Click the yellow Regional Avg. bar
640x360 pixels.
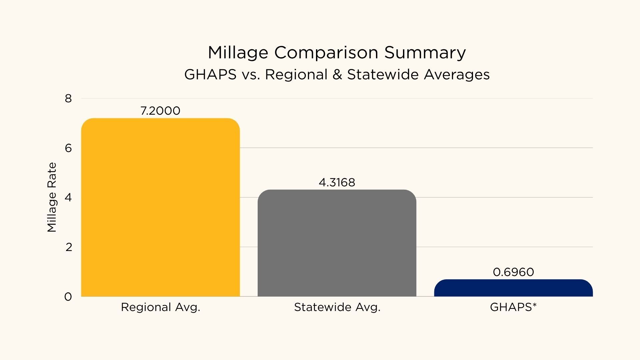160,207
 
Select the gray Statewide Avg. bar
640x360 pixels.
337,243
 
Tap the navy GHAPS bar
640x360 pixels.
513,288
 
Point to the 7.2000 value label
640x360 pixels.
160,111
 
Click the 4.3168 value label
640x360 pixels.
337,182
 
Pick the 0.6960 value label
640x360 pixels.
513,272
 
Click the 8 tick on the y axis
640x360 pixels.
68,98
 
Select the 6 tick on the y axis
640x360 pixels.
68,148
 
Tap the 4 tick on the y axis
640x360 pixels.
68,197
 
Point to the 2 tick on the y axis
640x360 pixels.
69,247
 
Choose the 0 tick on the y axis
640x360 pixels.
68,297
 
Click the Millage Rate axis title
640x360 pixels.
52,197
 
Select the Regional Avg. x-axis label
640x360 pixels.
160,307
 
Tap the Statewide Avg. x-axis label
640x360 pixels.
337,307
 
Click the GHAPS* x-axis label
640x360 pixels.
513,307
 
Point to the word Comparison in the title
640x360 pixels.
326,53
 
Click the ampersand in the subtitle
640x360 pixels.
337,74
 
